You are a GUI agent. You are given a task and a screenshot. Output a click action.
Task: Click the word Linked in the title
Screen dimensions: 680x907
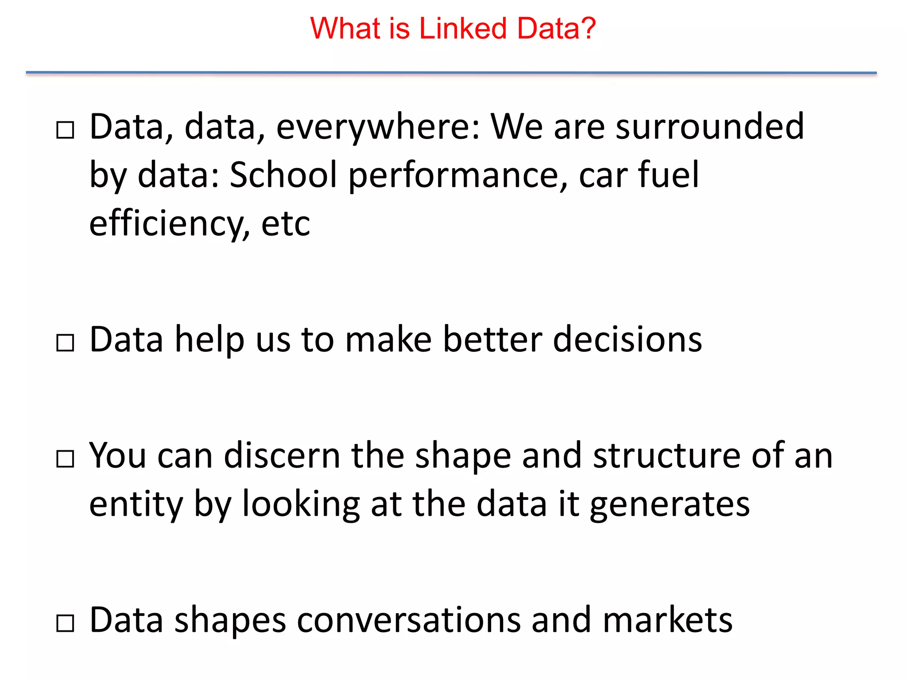click(x=462, y=28)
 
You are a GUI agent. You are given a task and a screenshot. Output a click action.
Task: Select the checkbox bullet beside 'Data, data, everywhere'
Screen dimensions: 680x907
click(x=65, y=130)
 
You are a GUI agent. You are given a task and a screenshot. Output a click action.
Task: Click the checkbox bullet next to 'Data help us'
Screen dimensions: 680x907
click(x=65, y=343)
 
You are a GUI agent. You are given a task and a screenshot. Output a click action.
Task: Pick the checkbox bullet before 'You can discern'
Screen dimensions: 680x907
click(x=65, y=459)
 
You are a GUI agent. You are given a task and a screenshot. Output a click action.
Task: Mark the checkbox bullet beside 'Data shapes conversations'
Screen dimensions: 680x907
click(x=65, y=623)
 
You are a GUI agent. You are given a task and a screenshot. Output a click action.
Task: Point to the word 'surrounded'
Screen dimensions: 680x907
click(x=709, y=127)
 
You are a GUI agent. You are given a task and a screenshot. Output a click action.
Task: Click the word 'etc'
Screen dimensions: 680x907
click(x=286, y=224)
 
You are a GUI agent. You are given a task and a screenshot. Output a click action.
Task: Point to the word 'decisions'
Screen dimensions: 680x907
click(x=628, y=340)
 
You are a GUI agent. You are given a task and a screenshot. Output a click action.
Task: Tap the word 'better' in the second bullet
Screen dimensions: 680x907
click(x=492, y=340)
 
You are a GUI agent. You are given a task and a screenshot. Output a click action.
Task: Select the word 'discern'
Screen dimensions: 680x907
click(x=282, y=456)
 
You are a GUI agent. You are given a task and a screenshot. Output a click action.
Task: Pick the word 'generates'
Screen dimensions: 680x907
click(x=670, y=505)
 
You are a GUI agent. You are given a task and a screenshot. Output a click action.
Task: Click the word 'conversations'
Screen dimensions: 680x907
click(x=408, y=620)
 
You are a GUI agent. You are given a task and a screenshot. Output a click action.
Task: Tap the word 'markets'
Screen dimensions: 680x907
click(x=667, y=620)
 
